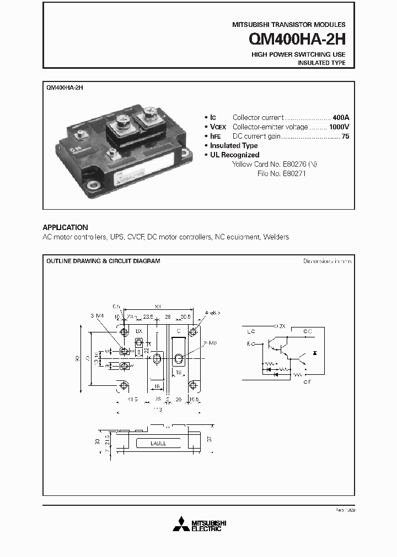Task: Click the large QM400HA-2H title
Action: click(297, 40)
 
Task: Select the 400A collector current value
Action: click(341, 117)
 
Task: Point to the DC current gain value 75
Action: click(345, 136)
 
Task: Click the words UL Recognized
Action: click(235, 155)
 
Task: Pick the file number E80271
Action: click(293, 173)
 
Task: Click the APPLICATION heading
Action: click(65, 227)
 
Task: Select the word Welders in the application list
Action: click(276, 237)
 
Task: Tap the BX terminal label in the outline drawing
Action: click(139, 332)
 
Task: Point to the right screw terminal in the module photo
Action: click(149, 116)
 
